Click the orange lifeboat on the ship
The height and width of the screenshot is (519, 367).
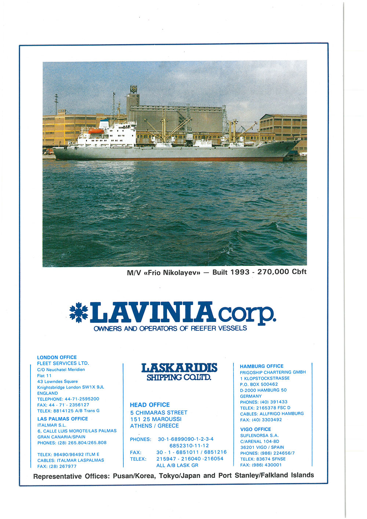coord(97,131)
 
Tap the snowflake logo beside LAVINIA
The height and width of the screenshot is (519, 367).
coord(79,312)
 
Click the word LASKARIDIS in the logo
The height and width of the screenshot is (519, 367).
coord(179,368)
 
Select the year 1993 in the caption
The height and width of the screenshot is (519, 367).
coord(240,272)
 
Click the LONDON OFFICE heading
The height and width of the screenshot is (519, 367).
coord(57,357)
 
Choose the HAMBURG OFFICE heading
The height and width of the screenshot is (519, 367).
coord(262,366)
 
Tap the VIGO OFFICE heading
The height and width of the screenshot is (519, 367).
coord(255,429)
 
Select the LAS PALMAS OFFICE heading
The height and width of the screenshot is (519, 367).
coord(62,419)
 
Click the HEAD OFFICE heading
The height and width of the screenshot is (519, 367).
coord(150,405)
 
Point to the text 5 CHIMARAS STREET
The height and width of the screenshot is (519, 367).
coord(159,413)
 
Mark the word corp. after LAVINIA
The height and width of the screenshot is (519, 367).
coord(247,314)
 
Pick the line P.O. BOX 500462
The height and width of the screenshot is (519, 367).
coord(259,384)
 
